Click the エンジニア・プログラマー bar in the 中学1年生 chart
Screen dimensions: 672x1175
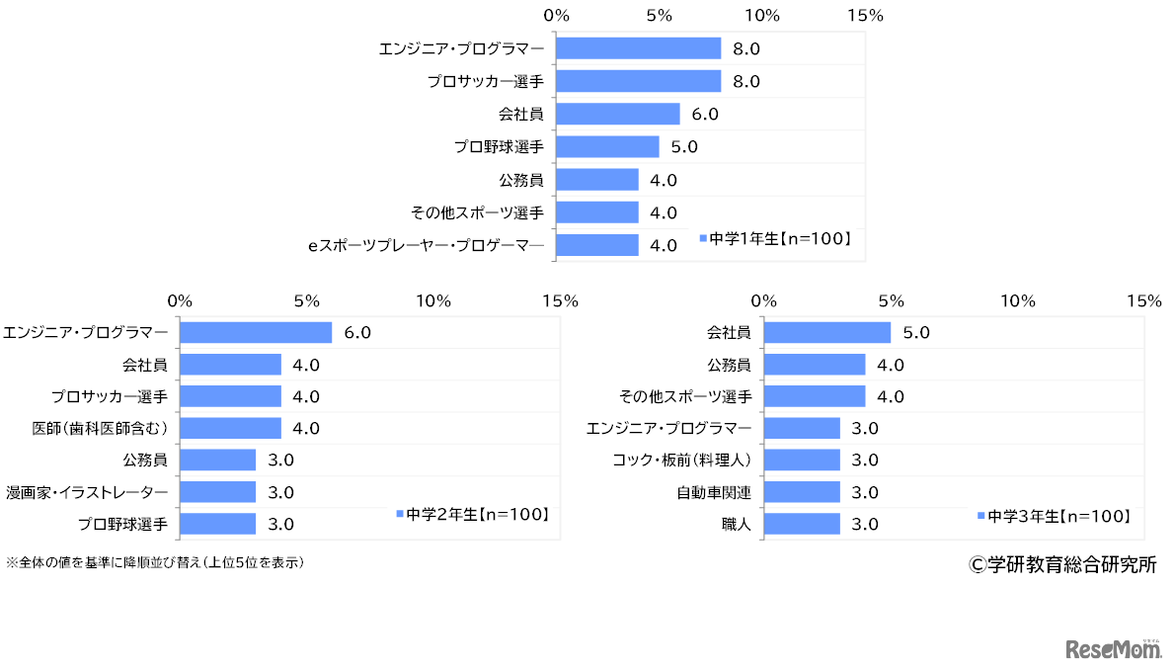tap(639, 48)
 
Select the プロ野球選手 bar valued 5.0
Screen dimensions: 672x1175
tap(607, 147)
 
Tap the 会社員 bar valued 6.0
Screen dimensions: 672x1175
tap(618, 114)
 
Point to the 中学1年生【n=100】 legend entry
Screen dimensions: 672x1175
tap(775, 238)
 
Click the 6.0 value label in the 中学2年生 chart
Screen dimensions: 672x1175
tap(356, 333)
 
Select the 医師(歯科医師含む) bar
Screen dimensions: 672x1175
tap(230, 428)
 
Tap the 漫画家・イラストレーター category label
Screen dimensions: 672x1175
tap(87, 492)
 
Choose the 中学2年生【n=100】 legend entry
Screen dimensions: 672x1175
tap(472, 514)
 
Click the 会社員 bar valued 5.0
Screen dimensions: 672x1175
tap(827, 333)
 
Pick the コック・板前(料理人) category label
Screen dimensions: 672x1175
tap(682, 460)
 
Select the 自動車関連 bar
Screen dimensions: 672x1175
tap(802, 492)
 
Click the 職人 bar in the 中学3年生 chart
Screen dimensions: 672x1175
tap(802, 524)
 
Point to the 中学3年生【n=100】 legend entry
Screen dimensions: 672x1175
tap(1054, 516)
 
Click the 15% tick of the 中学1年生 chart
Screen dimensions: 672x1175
tap(866, 16)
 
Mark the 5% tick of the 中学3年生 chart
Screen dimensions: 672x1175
tap(891, 300)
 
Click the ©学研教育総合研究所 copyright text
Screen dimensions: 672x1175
tap(1062, 564)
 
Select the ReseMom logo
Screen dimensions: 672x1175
tap(1110, 648)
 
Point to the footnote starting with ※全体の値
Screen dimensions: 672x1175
tap(154, 562)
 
